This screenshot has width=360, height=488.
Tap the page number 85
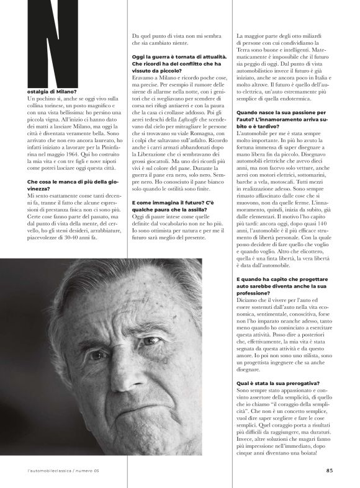click(329, 469)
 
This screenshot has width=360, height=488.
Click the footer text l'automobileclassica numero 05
click(63, 470)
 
